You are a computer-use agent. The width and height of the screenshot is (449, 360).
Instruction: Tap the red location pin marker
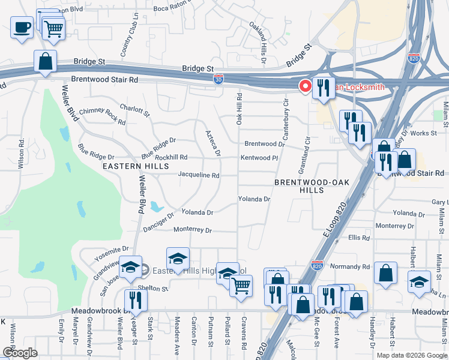[306, 86]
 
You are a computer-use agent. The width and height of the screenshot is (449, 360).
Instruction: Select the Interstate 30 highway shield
[219, 79]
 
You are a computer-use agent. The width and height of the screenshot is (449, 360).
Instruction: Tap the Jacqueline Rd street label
[199, 176]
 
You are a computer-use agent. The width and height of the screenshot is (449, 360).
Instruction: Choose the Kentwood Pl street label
[260, 158]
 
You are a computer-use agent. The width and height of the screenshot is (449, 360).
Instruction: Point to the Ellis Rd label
[358, 238]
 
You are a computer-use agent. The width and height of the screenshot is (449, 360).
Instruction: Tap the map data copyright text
[411, 355]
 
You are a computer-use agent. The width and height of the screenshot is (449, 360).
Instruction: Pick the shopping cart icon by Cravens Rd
[241, 285]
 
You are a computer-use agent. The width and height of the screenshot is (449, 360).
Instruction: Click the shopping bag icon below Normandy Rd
[385, 272]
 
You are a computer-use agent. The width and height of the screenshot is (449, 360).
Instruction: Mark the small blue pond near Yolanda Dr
[157, 207]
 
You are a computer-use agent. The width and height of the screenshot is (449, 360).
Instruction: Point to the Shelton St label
[151, 288]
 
